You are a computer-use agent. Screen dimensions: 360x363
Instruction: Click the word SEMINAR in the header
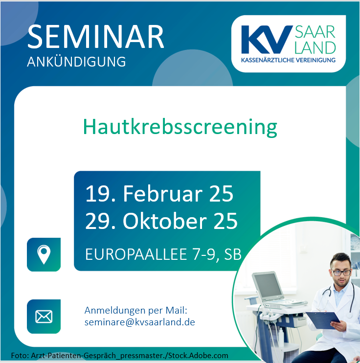(95, 37)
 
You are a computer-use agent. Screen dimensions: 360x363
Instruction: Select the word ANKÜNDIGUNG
(76, 62)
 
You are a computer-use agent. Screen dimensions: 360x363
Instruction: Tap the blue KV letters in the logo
(266, 40)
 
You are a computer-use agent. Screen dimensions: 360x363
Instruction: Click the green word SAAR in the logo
(315, 32)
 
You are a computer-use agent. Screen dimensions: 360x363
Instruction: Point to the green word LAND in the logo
(315, 47)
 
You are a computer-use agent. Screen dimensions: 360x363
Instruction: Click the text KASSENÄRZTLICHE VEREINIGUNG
(288, 60)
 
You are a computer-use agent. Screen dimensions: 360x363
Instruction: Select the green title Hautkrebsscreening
(180, 127)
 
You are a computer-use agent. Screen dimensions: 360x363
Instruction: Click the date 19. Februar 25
(159, 194)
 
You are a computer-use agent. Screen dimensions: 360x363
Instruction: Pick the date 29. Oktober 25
(161, 221)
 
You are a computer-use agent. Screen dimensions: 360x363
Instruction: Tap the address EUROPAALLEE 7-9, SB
(163, 254)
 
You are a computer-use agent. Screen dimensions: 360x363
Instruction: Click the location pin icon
(44, 254)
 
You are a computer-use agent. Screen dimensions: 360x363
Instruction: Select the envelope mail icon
(44, 317)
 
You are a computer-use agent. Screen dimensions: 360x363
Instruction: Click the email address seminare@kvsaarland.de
(139, 322)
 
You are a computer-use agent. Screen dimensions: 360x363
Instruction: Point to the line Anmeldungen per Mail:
(135, 311)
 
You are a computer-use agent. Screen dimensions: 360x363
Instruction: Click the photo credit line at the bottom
(119, 356)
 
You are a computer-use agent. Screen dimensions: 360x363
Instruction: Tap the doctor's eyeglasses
(341, 272)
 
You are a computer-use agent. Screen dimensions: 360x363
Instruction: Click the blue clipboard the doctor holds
(323, 320)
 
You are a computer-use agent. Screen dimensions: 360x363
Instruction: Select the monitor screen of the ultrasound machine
(268, 285)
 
